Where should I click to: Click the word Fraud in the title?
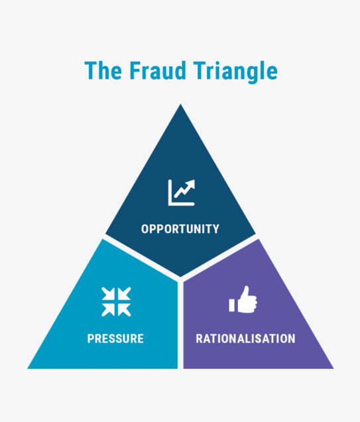[x=158, y=70]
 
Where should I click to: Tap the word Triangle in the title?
[x=235, y=72]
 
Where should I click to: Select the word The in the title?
[x=103, y=70]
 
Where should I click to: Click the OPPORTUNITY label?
[x=180, y=229]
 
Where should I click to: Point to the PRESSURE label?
[x=115, y=338]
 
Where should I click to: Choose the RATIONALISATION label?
[x=245, y=338]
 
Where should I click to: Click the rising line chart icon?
[x=181, y=192]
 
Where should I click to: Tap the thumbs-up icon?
[x=243, y=299]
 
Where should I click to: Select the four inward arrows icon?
[x=116, y=302]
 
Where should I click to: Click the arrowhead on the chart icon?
[x=190, y=184]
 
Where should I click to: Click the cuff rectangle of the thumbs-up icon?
[x=231, y=305]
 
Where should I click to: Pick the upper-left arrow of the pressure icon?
[x=109, y=294]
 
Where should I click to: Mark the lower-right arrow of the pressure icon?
[x=124, y=309]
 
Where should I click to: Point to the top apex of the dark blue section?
[x=180, y=104]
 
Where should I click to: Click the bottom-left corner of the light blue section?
[x=28, y=368]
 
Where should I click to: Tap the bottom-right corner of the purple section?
[x=333, y=368]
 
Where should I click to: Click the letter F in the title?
[x=135, y=70]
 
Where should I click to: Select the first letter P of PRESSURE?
[x=91, y=338]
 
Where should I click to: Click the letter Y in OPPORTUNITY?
[x=215, y=229]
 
